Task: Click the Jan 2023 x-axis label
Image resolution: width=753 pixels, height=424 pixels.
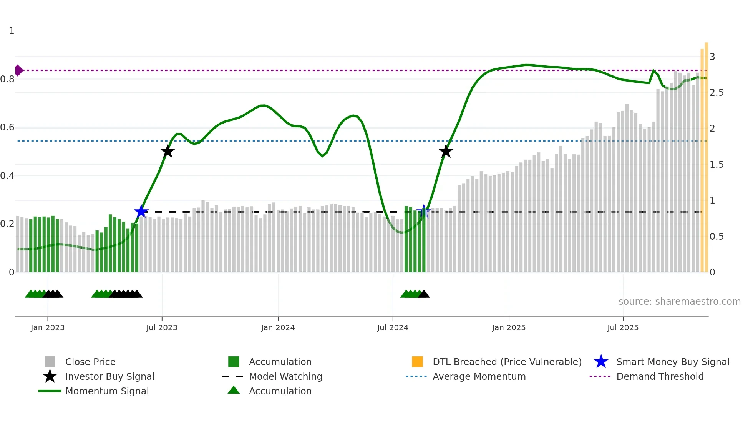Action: tap(48, 327)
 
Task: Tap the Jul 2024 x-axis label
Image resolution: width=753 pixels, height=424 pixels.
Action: tap(393, 327)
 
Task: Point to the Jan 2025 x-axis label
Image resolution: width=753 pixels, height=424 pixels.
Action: tap(509, 327)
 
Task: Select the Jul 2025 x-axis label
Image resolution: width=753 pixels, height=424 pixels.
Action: tap(623, 327)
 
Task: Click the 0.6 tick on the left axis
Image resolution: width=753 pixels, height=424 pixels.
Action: tap(7, 127)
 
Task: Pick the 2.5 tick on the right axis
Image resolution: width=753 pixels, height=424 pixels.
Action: tap(717, 93)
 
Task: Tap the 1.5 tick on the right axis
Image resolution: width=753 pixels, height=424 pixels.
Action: tap(717, 165)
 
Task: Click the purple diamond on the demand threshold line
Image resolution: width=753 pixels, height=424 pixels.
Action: tap(18, 70)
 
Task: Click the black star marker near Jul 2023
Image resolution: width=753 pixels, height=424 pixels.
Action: tap(168, 151)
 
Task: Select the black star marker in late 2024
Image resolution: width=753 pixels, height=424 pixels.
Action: tap(446, 151)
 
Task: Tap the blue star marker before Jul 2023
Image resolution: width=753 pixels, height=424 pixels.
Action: tap(141, 212)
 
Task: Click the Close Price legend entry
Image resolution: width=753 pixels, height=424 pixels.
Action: tap(90, 362)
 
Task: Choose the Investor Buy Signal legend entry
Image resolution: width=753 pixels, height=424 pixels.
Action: tap(109, 376)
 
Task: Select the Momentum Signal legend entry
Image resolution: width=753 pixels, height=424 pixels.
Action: tap(107, 391)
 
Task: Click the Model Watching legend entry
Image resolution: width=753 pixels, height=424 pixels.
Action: tap(285, 376)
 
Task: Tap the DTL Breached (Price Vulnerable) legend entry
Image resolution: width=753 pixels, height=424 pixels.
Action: tap(507, 362)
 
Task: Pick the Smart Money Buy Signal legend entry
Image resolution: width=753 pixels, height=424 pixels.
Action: tap(672, 362)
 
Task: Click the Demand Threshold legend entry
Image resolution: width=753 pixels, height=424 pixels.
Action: tap(660, 376)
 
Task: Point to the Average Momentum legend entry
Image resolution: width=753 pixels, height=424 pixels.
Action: tap(479, 376)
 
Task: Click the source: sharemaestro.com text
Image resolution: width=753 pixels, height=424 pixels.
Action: tap(679, 301)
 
